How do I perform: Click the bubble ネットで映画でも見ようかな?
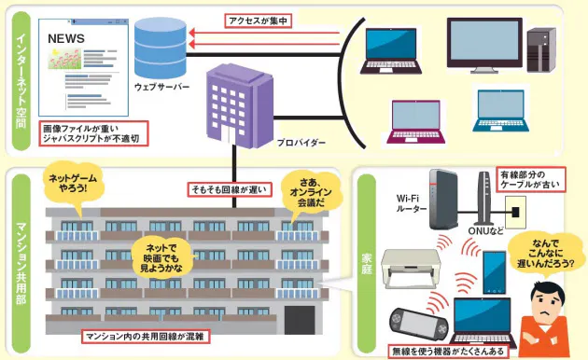[x=163, y=254]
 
